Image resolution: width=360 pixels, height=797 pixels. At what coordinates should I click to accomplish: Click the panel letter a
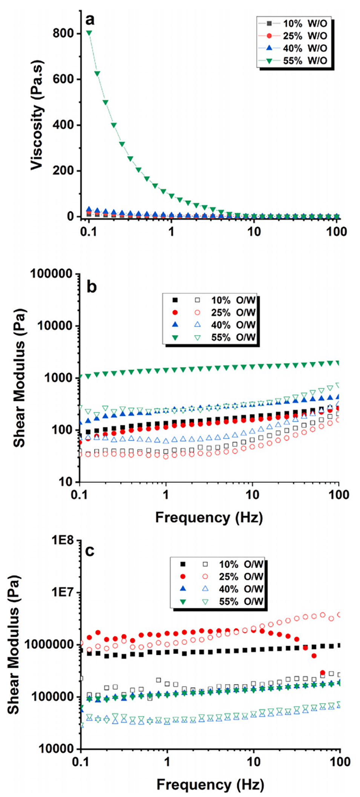(x=90, y=20)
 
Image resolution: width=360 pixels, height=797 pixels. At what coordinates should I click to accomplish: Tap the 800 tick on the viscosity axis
(x=63, y=34)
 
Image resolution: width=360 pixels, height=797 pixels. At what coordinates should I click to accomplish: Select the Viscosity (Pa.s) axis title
(x=37, y=115)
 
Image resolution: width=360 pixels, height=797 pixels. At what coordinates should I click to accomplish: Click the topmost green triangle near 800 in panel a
(x=89, y=33)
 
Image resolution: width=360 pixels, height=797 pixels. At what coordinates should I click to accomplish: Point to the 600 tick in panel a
(x=63, y=79)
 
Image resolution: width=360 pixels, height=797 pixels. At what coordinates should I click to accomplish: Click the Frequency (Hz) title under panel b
(x=209, y=517)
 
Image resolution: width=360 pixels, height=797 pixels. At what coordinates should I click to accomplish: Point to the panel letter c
(x=90, y=551)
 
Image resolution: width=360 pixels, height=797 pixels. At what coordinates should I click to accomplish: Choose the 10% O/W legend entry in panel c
(x=241, y=564)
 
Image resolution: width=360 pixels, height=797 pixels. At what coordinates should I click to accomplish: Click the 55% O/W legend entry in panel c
(x=241, y=601)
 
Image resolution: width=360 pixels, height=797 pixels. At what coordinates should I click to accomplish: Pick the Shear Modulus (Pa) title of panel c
(x=14, y=645)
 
